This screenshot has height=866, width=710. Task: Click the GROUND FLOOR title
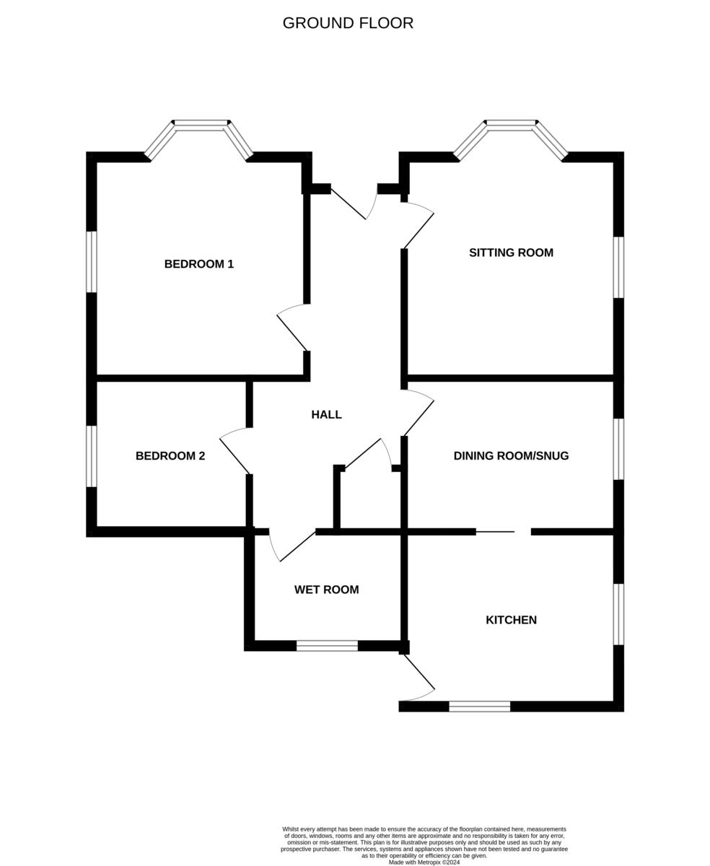coord(348,23)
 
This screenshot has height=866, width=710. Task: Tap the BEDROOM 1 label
coord(199,264)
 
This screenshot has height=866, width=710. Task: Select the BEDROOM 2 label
coord(170,456)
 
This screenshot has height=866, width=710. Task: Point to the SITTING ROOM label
coord(511,253)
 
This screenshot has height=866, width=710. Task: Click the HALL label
coord(326,414)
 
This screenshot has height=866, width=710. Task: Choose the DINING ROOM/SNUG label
coord(511,456)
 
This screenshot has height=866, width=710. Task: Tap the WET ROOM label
coord(326,590)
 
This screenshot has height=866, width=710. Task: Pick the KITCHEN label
coord(511,620)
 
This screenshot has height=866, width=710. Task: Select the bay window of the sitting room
coord(511,127)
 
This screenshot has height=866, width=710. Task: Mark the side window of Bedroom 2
coord(92,456)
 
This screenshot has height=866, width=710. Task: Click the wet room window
coord(327,645)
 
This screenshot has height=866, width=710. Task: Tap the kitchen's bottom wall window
coord(479,707)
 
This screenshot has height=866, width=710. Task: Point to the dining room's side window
coord(618,449)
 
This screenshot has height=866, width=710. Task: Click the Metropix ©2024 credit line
coord(424,862)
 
